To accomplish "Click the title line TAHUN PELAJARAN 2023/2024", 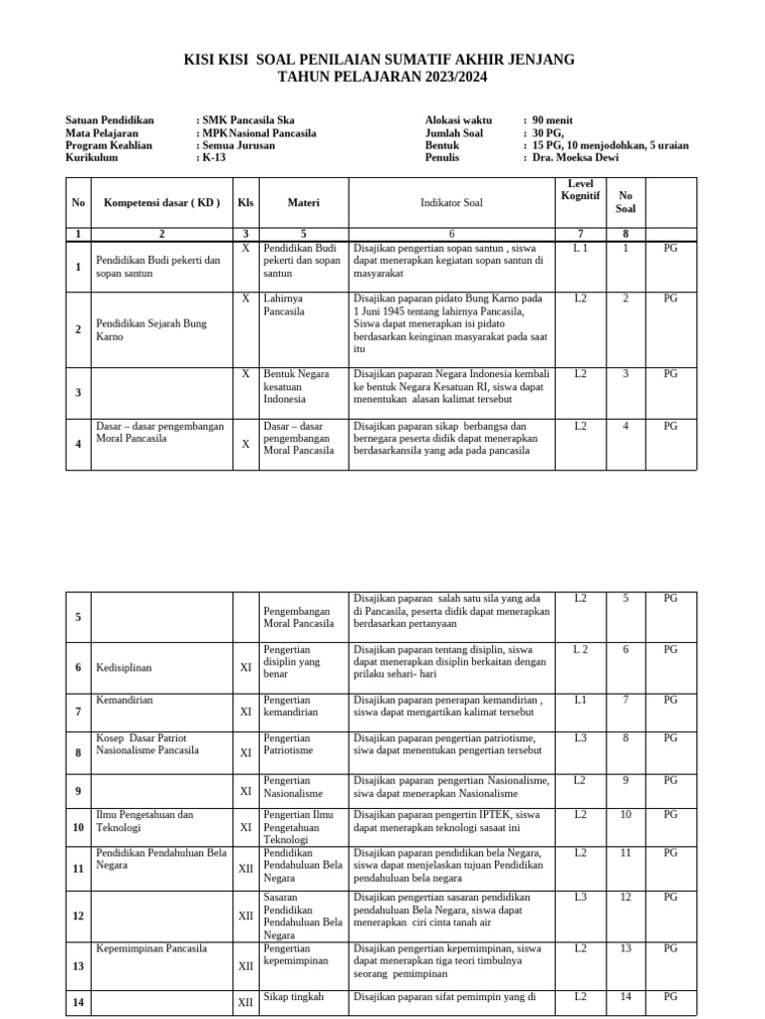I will click(x=382, y=77).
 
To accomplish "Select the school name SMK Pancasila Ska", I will click(x=249, y=119).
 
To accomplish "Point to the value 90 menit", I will click(x=553, y=119).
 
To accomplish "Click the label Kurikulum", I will click(x=92, y=157).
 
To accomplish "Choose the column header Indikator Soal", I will click(x=450, y=202).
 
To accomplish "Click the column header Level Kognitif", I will click(x=580, y=191).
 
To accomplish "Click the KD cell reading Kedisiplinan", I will click(x=124, y=668).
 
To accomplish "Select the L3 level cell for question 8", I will click(x=580, y=738).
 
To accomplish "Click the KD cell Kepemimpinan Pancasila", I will click(x=151, y=948).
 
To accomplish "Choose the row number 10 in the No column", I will click(x=78, y=827).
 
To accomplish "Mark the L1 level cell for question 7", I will click(x=580, y=701).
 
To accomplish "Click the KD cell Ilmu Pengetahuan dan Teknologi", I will click(x=144, y=821).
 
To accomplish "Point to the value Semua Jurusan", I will click(x=239, y=145).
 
